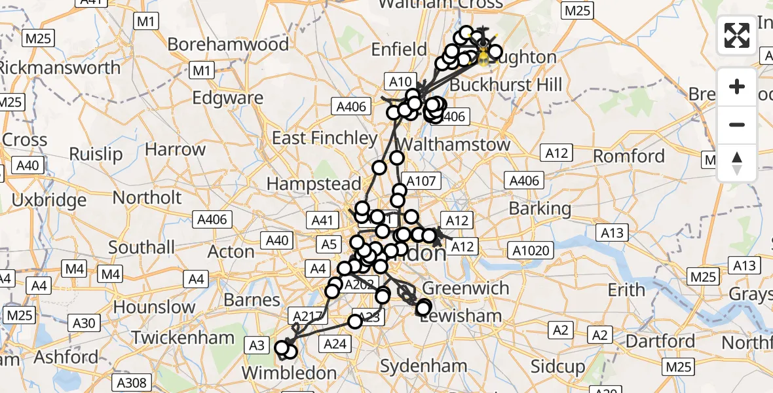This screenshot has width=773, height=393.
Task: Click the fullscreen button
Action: (x=737, y=35)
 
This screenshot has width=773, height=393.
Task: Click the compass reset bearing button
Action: (x=737, y=163)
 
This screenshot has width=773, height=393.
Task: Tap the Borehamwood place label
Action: (x=228, y=45)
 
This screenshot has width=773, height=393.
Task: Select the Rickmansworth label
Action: (x=60, y=67)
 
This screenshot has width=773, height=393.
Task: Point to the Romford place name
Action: (x=628, y=156)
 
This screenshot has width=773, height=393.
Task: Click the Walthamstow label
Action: (x=454, y=144)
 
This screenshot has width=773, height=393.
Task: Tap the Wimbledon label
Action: (x=289, y=373)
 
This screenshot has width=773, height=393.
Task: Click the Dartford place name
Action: (x=660, y=341)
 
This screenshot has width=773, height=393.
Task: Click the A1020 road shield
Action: (x=533, y=250)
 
